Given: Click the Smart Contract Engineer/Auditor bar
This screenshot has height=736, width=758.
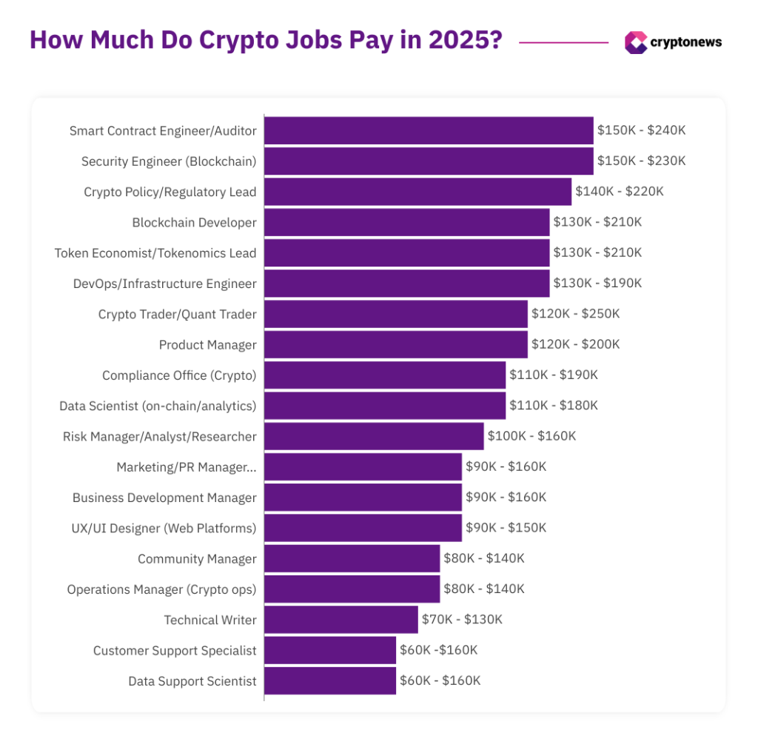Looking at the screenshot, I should coord(429,130).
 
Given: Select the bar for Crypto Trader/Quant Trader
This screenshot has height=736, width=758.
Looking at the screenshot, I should coord(396,314).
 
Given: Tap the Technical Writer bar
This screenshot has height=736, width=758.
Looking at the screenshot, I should coord(341,620).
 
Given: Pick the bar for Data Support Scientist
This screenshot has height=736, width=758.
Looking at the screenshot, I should coord(330,681).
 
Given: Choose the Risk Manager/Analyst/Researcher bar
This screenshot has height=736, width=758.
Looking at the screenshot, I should coord(374,436).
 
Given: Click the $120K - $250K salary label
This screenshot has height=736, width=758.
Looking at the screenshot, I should coord(575,314).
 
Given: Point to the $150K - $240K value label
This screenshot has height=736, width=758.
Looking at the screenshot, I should coord(642,130).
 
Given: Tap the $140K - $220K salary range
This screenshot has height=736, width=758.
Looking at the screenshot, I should coord(620,192).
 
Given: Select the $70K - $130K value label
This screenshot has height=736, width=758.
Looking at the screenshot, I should coord(462,620).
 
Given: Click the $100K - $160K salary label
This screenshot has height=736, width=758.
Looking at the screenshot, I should coord(531,436).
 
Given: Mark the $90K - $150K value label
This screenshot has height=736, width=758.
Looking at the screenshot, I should coord(506,528).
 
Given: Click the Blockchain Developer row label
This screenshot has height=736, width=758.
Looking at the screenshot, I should coord(194,222).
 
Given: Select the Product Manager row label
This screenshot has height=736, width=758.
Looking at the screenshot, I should coord(207,345).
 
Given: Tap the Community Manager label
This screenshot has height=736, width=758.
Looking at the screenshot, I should coord(197,559).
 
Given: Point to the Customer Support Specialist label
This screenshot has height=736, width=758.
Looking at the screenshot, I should coord(175,651).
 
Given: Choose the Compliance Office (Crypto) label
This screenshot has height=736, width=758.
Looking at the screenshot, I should coord(179,375).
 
